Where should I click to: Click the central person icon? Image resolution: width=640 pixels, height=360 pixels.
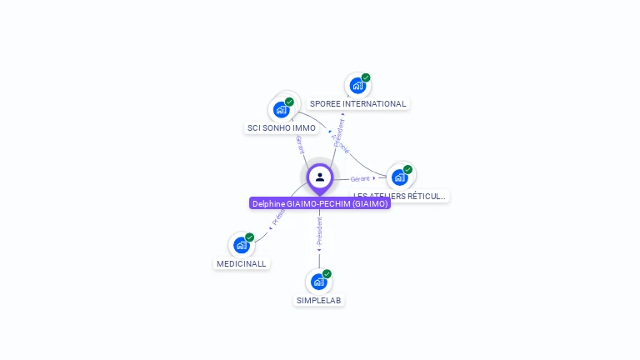(x=320, y=177)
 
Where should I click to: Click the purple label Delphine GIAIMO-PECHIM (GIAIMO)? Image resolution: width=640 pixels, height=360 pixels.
(x=320, y=203)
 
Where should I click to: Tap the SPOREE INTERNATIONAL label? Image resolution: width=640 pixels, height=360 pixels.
(x=358, y=104)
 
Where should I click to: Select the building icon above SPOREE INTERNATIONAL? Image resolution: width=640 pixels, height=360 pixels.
(x=357, y=85)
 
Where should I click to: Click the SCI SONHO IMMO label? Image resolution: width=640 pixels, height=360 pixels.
(x=282, y=128)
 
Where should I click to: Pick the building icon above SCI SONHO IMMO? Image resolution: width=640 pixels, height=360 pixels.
(x=282, y=109)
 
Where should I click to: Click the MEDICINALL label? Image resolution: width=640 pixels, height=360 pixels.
(x=242, y=263)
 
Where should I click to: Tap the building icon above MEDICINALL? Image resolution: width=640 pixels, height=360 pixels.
(x=241, y=245)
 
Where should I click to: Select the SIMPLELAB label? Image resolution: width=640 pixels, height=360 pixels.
(x=319, y=300)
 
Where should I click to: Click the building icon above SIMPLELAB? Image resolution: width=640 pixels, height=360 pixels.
(x=318, y=282)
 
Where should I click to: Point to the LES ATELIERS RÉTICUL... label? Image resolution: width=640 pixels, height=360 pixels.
(x=400, y=197)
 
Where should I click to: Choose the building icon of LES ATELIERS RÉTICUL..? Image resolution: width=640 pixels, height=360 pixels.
(x=399, y=177)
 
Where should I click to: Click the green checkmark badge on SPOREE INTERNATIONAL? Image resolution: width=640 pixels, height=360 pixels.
(x=366, y=77)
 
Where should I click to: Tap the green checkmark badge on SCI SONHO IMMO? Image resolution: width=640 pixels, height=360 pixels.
(x=289, y=102)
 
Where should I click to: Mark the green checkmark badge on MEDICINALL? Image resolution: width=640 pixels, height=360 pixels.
(x=249, y=237)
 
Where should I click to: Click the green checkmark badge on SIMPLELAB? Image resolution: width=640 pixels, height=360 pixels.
(x=327, y=274)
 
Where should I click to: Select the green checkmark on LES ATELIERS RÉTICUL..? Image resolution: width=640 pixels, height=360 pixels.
(x=407, y=169)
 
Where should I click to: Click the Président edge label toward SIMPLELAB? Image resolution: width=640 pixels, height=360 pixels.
(x=319, y=232)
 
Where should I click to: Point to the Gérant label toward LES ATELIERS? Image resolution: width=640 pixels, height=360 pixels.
(x=360, y=178)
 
